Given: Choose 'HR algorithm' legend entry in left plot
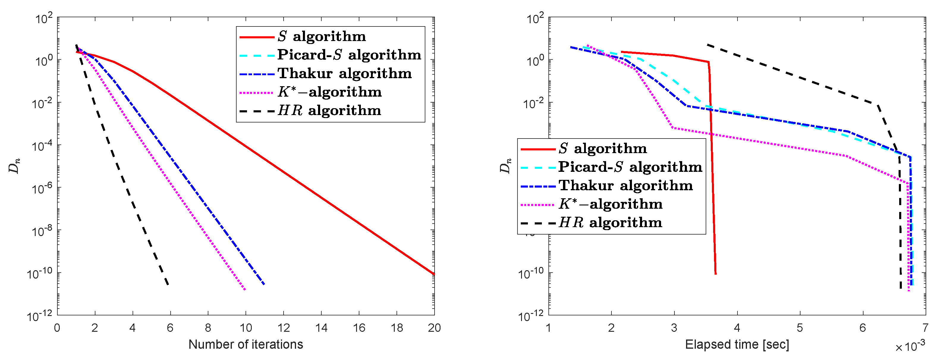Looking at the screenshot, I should pos(329,110).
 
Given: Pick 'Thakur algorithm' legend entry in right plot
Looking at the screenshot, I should pos(625,185).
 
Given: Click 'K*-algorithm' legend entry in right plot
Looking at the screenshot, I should pos(611,204).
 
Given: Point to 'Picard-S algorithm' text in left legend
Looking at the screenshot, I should pos(349,55).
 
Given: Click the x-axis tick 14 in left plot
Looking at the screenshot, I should pos(321,328).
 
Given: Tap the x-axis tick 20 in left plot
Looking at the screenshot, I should pos(434,328).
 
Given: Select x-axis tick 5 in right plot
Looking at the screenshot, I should pos(800,328).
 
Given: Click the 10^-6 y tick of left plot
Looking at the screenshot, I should pos(42,189).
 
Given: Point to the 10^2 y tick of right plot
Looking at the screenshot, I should pos(535,18).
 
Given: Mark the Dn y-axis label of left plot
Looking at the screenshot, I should pos(14,166).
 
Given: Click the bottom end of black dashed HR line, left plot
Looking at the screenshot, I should pos(168,284).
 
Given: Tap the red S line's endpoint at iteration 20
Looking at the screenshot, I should pos(434,274).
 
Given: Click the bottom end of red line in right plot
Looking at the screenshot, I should pos(715,274).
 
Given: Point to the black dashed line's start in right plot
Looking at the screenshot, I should pos(707,45).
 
